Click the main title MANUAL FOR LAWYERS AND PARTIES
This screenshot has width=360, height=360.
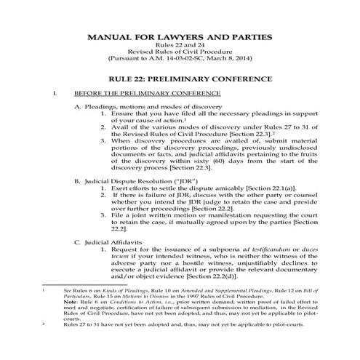point(179,36)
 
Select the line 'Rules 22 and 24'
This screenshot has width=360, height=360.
point(179,46)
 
